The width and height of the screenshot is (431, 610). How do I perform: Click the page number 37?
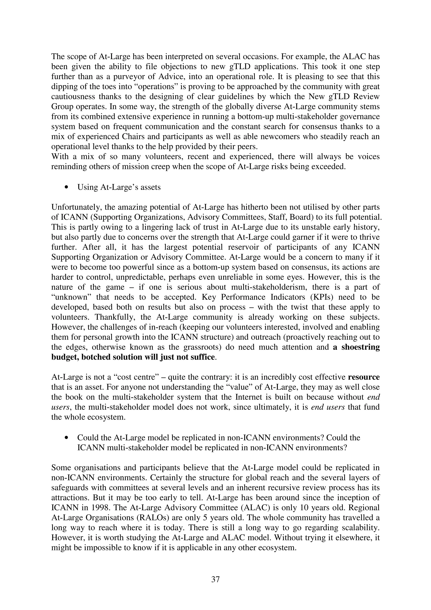215,579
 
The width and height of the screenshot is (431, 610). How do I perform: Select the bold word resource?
363,377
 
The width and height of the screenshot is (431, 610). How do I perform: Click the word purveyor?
129,77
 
